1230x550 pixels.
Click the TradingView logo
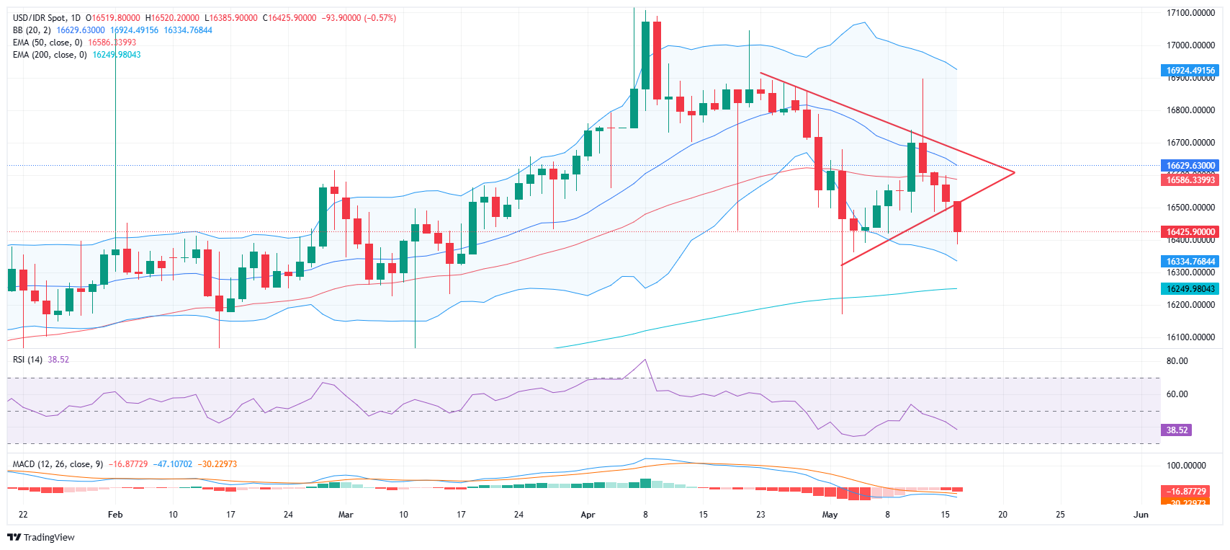pyautogui.click(x=41, y=537)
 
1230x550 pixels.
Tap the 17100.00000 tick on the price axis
pyautogui.click(x=1190, y=13)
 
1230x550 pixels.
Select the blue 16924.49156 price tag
pyautogui.click(x=1190, y=71)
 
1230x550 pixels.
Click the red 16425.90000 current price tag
pyautogui.click(x=1190, y=232)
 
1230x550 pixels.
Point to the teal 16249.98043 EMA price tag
pyautogui.click(x=1190, y=289)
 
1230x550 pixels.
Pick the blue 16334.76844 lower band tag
pyautogui.click(x=1190, y=262)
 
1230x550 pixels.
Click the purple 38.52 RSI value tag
pyautogui.click(x=1177, y=430)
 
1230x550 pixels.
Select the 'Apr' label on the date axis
pyautogui.click(x=588, y=515)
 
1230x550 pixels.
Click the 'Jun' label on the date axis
pyautogui.click(x=1141, y=515)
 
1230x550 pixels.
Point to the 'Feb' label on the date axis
pyautogui.click(x=115, y=515)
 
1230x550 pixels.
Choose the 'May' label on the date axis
pyautogui.click(x=830, y=515)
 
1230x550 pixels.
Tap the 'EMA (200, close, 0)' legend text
pyautogui.click(x=50, y=55)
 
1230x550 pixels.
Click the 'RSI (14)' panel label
pyautogui.click(x=27, y=360)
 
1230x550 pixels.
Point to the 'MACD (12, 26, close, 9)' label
pyautogui.click(x=58, y=464)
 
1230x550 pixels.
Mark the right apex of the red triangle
pyautogui.click(x=1014, y=172)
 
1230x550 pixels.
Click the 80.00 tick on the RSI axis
pyautogui.click(x=1177, y=361)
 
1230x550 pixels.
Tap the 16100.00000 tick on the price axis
pyautogui.click(x=1190, y=337)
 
